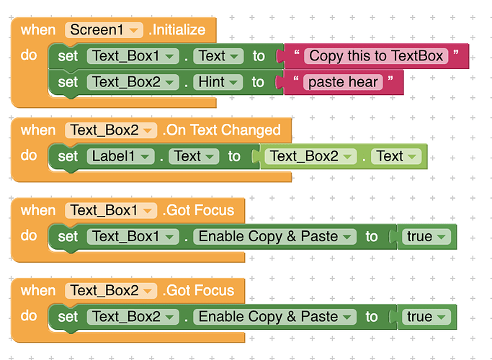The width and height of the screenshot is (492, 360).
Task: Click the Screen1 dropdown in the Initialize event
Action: (x=104, y=30)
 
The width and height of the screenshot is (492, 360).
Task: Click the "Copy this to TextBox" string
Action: (x=376, y=56)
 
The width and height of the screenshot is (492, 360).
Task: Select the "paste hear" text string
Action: (x=343, y=82)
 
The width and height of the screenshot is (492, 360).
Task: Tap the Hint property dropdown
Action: (x=218, y=82)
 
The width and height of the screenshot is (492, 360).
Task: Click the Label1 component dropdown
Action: (x=120, y=156)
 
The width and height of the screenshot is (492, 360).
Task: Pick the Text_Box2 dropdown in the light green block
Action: (x=310, y=156)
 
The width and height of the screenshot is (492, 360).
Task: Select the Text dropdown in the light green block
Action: (x=396, y=156)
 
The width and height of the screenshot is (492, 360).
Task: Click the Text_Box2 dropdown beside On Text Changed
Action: (x=111, y=130)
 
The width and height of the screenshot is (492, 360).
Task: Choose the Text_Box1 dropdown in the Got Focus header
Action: (x=111, y=210)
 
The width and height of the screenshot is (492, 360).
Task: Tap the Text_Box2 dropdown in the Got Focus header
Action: (x=111, y=291)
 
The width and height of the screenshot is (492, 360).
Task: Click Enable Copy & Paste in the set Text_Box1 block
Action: (x=275, y=236)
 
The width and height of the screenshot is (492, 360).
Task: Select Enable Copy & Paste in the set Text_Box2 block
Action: (x=275, y=317)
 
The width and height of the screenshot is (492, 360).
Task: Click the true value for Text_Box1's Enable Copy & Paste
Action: (x=426, y=236)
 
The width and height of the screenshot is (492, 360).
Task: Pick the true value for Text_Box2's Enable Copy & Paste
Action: (x=426, y=317)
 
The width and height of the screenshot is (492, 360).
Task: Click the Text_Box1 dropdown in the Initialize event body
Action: (x=133, y=56)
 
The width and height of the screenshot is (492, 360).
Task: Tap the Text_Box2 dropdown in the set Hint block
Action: (x=133, y=82)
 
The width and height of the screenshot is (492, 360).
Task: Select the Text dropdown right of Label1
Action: (x=194, y=156)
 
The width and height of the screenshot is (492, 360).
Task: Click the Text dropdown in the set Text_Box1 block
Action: (x=218, y=56)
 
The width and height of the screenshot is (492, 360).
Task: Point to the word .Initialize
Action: (x=176, y=30)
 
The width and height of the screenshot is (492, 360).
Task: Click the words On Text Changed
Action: (x=222, y=130)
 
